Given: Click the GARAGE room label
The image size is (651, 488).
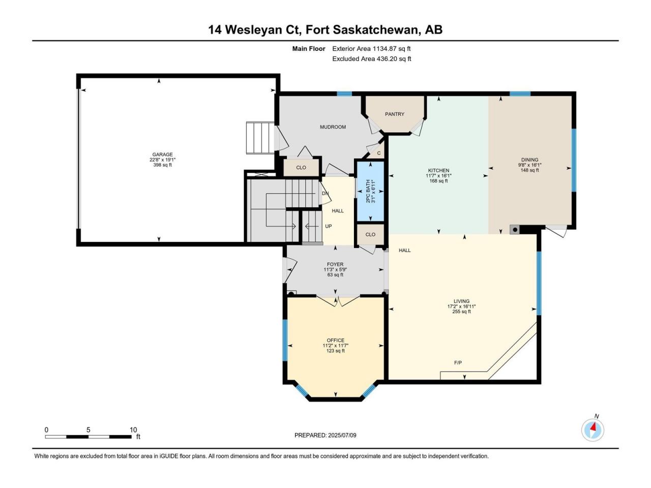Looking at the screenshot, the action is click(162, 155).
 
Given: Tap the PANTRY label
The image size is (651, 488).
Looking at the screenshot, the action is click(395, 114).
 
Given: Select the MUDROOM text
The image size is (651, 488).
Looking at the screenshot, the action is click(333, 127).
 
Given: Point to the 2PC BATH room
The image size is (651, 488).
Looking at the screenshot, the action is click(370, 191).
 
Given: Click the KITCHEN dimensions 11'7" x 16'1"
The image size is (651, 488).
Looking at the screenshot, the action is click(438, 176).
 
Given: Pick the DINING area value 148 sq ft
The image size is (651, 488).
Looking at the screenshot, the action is click(529, 170).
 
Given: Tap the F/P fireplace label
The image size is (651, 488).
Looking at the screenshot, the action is click(458, 362).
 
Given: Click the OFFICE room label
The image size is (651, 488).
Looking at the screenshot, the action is click(336, 340).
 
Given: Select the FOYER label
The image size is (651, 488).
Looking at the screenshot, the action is click(335, 264).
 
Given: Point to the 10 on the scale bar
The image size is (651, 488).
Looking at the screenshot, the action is click(133, 430).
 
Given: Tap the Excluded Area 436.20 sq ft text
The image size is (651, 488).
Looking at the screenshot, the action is click(372, 58).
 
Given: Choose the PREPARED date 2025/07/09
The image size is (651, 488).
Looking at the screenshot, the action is click(342, 435).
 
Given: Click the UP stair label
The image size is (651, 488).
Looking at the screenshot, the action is click(329, 226).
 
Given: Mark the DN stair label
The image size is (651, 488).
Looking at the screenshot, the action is click(325, 194).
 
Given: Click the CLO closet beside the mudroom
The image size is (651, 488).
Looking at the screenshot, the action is click(301, 168).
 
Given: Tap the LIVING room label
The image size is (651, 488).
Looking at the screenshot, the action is click(461, 301).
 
